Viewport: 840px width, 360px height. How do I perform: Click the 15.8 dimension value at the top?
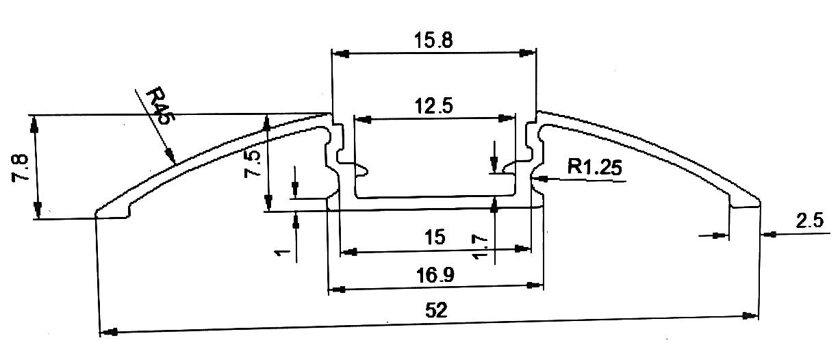[433, 40]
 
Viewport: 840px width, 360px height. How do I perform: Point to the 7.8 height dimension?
[20, 168]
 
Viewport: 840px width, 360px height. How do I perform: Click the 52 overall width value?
[435, 310]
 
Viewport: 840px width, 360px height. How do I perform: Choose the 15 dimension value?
[434, 237]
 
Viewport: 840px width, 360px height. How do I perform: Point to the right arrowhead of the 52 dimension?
[750, 316]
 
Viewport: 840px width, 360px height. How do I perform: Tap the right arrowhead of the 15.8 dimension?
[527, 53]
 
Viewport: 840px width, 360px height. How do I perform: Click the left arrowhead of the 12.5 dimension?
[364, 119]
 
